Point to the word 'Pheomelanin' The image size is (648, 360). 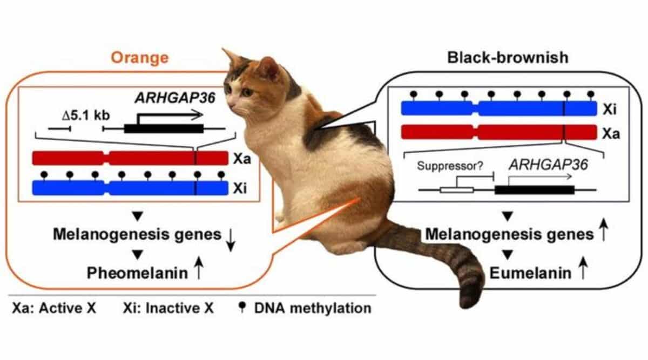pyautogui.click(x=137, y=273)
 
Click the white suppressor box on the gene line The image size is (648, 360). pyautogui.click(x=456, y=189)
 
